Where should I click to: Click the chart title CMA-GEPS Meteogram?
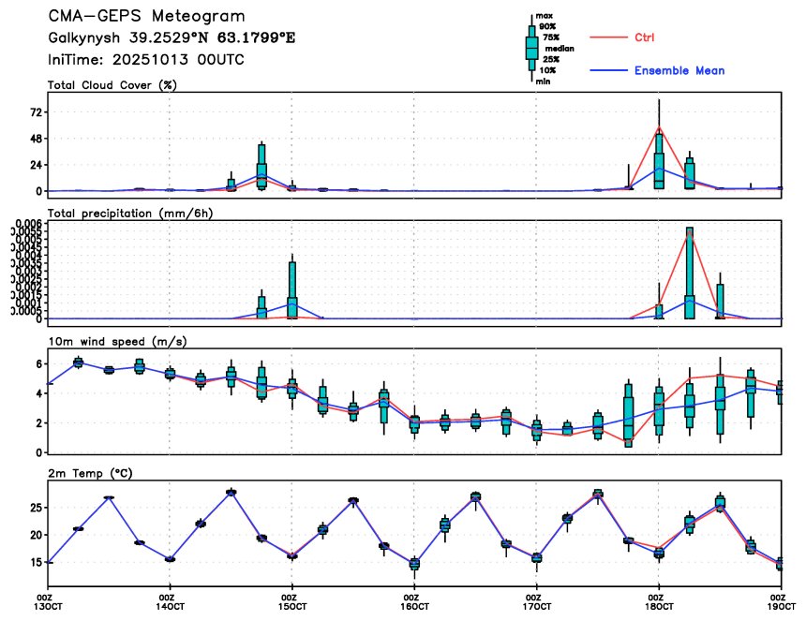pyautogui.click(x=147, y=17)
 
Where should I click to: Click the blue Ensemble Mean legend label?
pyautogui.click(x=679, y=70)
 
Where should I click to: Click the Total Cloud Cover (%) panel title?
pyautogui.click(x=113, y=85)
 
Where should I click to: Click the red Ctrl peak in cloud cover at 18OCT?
pyautogui.click(x=659, y=126)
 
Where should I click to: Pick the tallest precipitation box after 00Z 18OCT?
pyautogui.click(x=690, y=272)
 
